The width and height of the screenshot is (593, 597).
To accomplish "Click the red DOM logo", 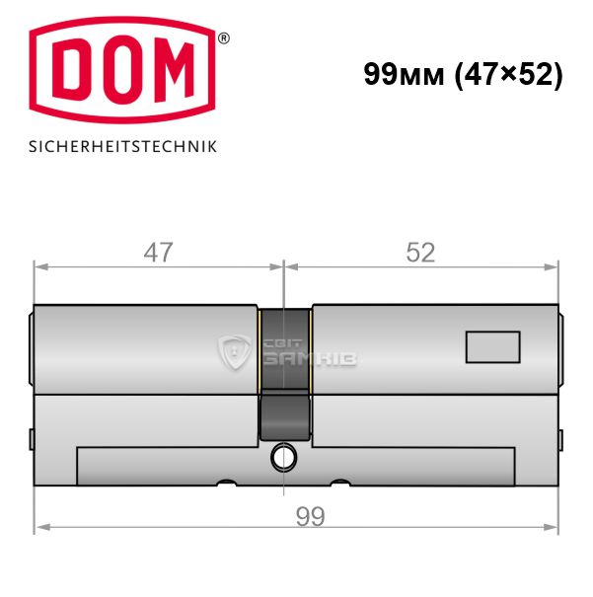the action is [x=122, y=70].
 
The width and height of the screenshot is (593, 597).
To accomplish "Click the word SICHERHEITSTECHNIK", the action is [x=122, y=147].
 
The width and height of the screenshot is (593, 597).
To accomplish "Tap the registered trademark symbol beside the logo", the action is [x=224, y=38].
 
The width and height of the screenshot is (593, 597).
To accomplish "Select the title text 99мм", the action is [x=404, y=74].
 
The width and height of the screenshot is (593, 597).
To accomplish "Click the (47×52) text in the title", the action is [x=508, y=75].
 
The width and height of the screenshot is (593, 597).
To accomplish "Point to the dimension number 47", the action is [x=158, y=252].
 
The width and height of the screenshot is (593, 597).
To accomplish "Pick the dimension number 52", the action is [x=420, y=252].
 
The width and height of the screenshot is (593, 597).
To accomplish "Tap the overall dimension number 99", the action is [x=310, y=517].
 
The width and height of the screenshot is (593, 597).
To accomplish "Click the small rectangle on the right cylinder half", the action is [x=493, y=347].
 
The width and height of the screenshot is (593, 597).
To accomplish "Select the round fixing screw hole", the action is [x=283, y=457].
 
